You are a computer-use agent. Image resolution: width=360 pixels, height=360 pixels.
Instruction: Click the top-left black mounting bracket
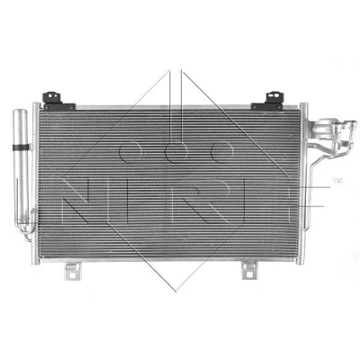coord(58,102)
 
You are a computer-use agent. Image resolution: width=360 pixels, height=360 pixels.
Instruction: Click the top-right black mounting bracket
coord(268,102)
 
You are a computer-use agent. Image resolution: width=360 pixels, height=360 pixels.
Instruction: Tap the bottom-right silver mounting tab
coord(250,269)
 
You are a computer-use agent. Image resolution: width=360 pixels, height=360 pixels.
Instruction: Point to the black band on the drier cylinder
coord(21,148)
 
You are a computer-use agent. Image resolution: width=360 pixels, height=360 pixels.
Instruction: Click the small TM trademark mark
coord(337,181)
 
